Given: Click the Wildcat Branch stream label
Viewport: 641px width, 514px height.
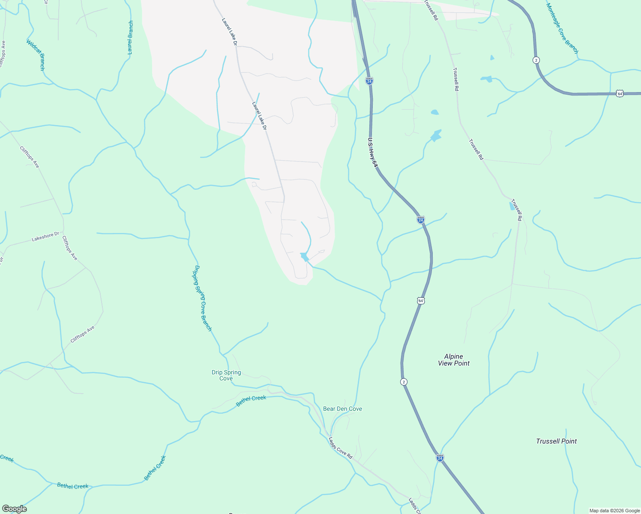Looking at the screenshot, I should coord(36,55).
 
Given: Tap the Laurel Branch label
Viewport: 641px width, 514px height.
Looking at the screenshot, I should coord(131,38).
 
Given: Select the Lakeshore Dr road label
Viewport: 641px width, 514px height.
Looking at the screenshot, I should coord(45,236).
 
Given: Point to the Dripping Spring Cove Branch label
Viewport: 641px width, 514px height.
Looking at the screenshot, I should coord(203,298).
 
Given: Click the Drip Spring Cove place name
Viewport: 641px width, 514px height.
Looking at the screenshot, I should coord(226,375).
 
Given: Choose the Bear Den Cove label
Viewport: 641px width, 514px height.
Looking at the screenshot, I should coord(342,409).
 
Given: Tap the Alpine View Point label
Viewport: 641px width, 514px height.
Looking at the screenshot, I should coord(454,360).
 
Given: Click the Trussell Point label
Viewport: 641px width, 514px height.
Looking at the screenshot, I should coord(556,441).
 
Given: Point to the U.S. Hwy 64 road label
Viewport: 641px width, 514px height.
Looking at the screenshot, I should coord(373,152).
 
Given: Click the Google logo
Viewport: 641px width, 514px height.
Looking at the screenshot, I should coord(14,509).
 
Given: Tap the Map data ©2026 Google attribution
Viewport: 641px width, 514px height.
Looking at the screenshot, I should coord(614,511).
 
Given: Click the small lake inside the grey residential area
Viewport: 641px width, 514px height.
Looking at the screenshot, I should coord(304,257).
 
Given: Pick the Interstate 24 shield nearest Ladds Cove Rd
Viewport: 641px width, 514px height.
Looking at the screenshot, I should coord(440,458).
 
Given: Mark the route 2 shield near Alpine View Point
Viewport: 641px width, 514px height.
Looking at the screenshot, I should coord(404,381).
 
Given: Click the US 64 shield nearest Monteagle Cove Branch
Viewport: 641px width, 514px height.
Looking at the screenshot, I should coord(620,93).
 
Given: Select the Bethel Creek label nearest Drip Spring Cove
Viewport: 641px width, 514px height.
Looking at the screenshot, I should coord(252,401).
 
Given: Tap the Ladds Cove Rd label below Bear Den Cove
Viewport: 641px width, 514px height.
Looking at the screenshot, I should coord(340,448).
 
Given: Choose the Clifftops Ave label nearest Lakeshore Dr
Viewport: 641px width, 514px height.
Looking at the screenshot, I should coord(70,248).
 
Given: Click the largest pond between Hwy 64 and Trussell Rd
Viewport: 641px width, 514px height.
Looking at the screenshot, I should coord(436,136).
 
